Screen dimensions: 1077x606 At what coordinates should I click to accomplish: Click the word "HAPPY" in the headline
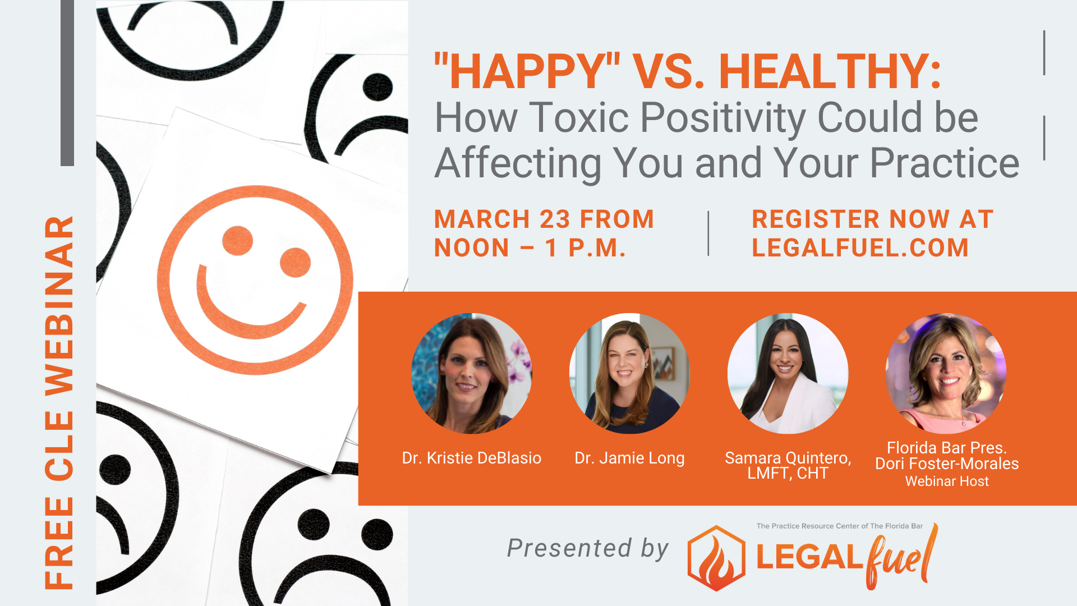click(527, 72)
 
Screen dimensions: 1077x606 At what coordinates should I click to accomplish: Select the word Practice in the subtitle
click(945, 163)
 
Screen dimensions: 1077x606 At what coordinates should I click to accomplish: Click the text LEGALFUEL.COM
click(860, 248)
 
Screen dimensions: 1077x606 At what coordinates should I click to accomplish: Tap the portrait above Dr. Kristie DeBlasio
click(472, 373)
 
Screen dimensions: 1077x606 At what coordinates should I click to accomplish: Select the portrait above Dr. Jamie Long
click(629, 373)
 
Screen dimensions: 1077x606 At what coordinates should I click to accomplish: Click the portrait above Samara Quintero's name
click(788, 373)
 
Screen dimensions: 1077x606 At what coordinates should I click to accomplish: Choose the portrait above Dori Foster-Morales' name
click(946, 373)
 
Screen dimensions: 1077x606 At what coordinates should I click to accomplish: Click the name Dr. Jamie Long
click(629, 458)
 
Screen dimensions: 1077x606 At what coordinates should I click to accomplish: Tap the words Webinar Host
click(947, 481)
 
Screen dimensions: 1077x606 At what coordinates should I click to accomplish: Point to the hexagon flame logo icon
click(716, 558)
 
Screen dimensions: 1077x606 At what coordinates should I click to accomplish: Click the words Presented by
click(588, 548)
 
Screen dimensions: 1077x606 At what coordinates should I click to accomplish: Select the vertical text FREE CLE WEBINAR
click(59, 402)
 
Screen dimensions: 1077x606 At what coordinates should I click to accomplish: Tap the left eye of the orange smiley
click(237, 241)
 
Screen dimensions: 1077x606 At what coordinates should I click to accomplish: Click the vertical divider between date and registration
click(708, 233)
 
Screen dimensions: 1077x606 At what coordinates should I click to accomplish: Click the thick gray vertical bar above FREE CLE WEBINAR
click(67, 83)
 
